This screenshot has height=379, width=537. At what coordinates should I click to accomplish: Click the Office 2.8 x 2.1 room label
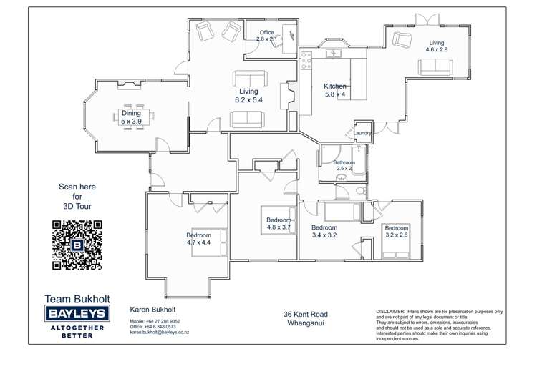coord(266,36)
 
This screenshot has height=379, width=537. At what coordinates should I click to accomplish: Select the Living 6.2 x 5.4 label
coord(248,96)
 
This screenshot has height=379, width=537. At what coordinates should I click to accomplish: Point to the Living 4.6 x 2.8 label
coord(436,46)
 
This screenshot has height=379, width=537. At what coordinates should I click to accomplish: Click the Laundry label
coord(362,133)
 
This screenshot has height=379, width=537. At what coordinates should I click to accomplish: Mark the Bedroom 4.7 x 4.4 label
coord(198,239)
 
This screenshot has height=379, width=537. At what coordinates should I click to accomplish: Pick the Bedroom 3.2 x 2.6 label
coord(396,231)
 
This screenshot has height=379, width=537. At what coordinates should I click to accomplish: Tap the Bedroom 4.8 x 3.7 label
coord(279,223)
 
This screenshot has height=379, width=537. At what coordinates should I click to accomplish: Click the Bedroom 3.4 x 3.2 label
coord(324,231)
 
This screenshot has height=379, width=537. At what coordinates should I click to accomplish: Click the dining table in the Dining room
coord(132,117)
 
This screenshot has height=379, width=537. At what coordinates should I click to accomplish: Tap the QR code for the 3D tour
coord(77,245)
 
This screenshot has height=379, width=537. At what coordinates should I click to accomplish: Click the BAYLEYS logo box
coord(77,312)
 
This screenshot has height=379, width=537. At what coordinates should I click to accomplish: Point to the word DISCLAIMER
coord(390,312)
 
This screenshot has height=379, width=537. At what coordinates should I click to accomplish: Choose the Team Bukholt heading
coord(77,298)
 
